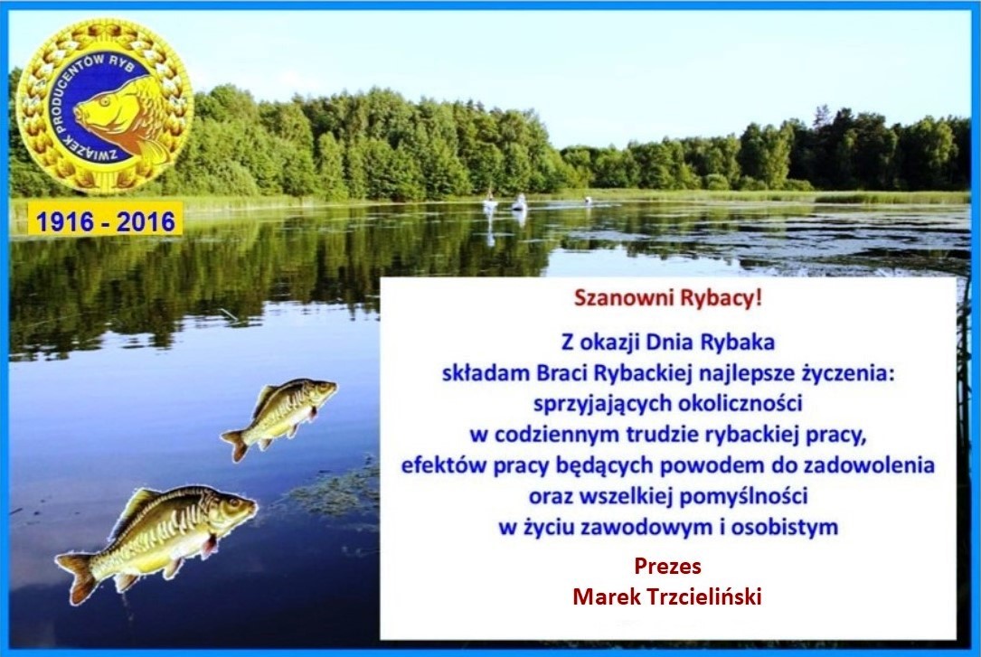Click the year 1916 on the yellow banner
(x=64, y=222)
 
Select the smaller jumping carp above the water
(x=279, y=416)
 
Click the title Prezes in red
(x=667, y=567)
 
